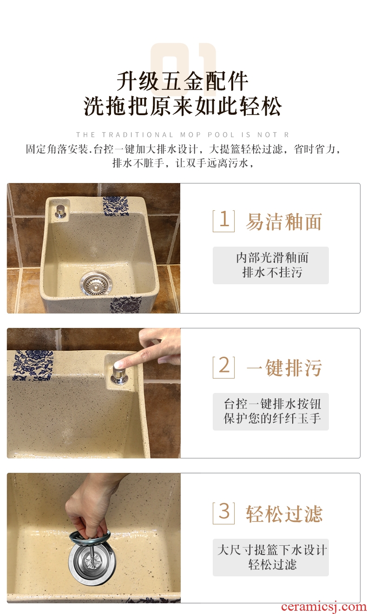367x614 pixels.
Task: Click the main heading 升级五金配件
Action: pyautogui.click(x=183, y=81)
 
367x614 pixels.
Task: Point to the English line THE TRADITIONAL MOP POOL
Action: pyautogui.click(x=183, y=135)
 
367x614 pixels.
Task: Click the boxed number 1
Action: pyautogui.click(x=223, y=221)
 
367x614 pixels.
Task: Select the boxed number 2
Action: pyautogui.click(x=223, y=367)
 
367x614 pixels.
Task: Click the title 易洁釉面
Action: pyautogui.click(x=284, y=222)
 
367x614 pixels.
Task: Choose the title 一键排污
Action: pyautogui.click(x=284, y=367)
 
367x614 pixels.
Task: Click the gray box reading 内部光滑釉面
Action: pyautogui.click(x=271, y=265)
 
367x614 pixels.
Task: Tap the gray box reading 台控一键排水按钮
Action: pyautogui.click(x=271, y=412)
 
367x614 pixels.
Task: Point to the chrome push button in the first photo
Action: pyautogui.click(x=60, y=211)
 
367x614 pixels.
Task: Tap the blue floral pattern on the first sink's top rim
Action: pyautogui.click(x=116, y=206)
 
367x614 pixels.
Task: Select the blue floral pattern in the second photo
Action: pyautogui.click(x=33, y=366)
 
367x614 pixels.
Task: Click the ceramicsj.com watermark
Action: pyautogui.click(x=324, y=607)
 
